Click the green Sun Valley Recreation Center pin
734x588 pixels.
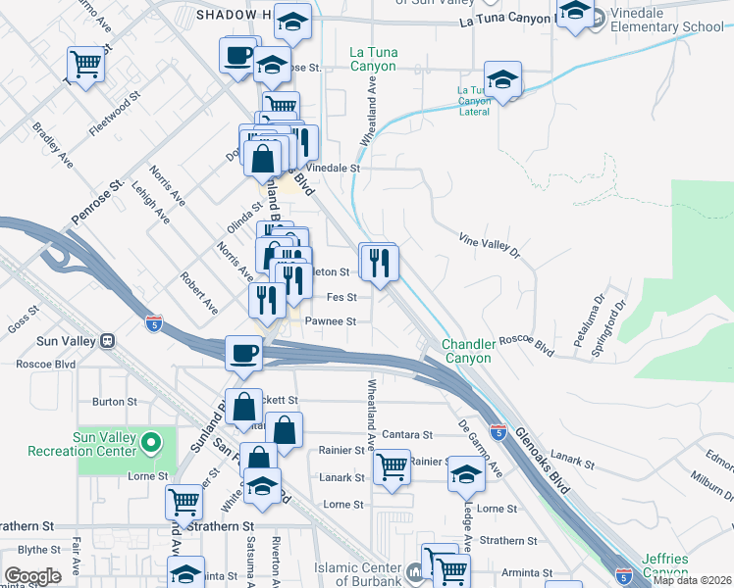149,444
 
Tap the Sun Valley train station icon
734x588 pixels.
108,341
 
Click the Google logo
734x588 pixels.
32,576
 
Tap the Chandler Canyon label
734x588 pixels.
465,351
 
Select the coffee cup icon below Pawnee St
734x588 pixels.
244,353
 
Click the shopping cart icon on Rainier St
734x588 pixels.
393,465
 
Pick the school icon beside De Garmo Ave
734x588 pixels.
465,475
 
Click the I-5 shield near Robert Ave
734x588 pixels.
152,321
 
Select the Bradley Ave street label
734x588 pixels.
53,143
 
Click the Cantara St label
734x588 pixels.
408,434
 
